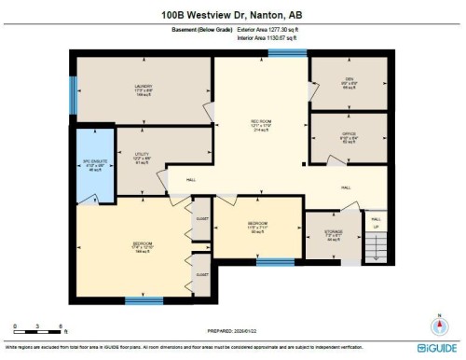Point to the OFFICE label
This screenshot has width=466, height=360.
coord(349,134)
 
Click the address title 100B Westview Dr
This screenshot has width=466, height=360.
coord(232,14)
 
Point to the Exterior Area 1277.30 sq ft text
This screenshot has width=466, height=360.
coord(272,32)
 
